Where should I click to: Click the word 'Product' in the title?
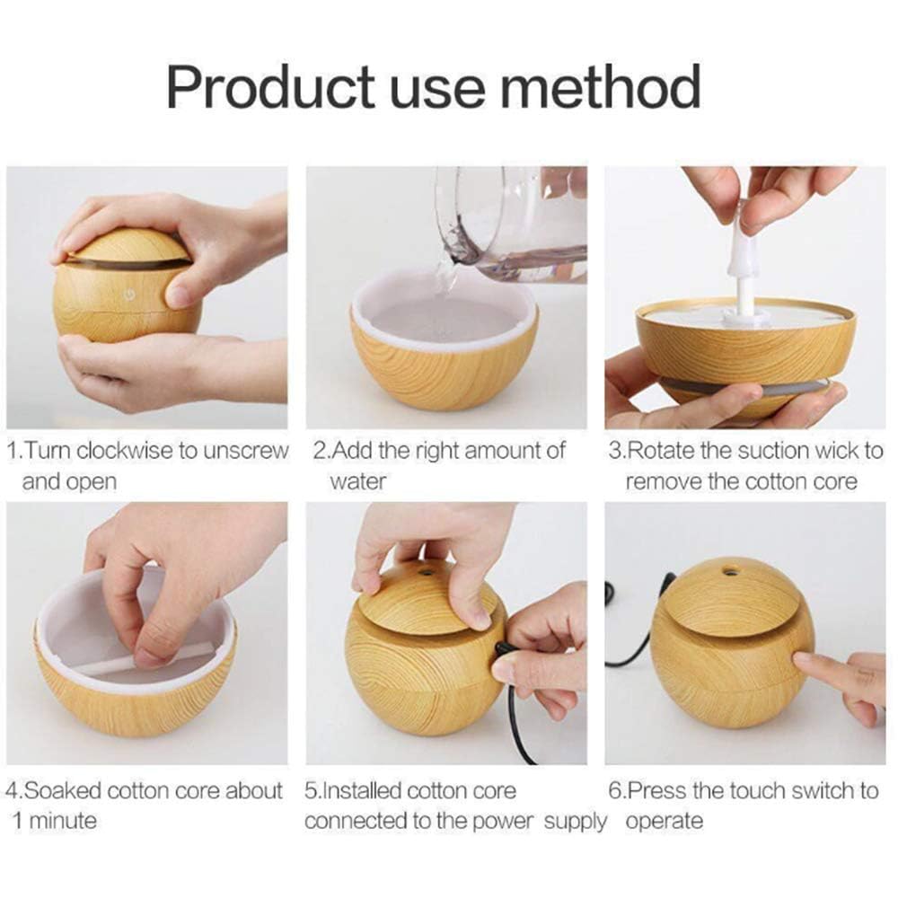point(269,87)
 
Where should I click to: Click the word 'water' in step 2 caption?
point(357,481)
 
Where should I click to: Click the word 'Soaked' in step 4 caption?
point(62,791)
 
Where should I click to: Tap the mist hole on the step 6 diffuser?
point(731,570)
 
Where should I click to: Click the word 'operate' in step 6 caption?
point(664,822)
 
